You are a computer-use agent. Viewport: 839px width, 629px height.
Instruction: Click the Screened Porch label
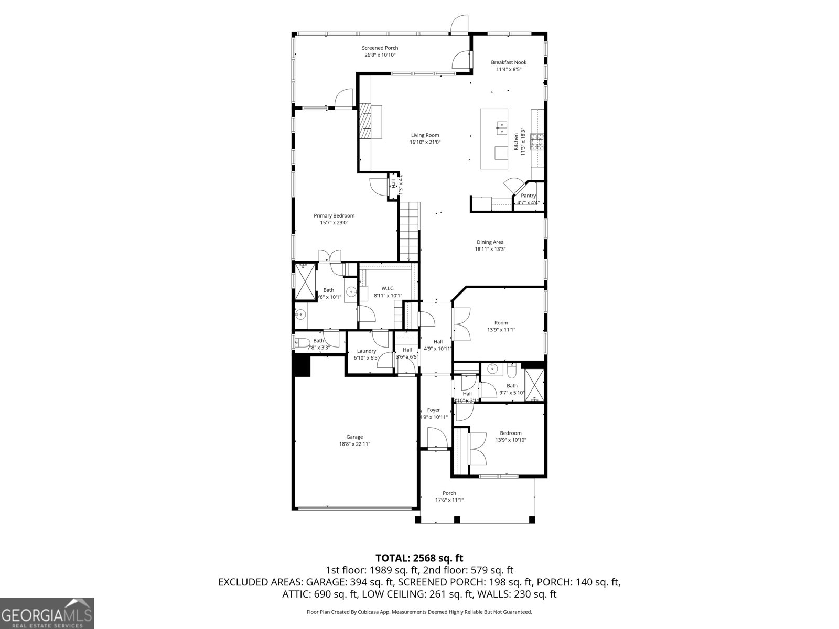(x=380, y=48)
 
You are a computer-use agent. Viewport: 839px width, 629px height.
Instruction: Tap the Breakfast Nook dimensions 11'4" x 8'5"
(x=508, y=69)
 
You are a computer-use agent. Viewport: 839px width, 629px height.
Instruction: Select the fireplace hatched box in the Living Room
(x=365, y=120)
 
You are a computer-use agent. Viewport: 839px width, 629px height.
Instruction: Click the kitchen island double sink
(x=501, y=126)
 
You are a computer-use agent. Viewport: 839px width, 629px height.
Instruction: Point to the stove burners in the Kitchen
(x=537, y=142)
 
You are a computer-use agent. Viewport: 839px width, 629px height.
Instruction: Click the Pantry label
(x=528, y=196)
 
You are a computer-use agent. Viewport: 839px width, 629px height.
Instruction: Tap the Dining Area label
(x=490, y=242)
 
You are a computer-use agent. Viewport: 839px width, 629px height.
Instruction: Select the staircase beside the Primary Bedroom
(x=409, y=231)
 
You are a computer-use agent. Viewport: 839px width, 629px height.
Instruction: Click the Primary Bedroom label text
(x=334, y=215)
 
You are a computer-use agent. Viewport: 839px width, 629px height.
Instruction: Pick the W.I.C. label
(x=388, y=288)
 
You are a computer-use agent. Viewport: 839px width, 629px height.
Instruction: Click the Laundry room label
(x=366, y=351)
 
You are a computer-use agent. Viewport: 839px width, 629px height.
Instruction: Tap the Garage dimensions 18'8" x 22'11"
(x=354, y=444)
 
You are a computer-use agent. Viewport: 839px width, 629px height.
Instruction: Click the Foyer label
(x=433, y=410)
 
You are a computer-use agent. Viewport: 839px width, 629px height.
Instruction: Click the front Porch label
(x=449, y=493)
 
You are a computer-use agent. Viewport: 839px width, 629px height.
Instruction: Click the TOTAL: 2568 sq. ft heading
(x=419, y=558)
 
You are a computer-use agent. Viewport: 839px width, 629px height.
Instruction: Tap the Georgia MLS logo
(x=47, y=613)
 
